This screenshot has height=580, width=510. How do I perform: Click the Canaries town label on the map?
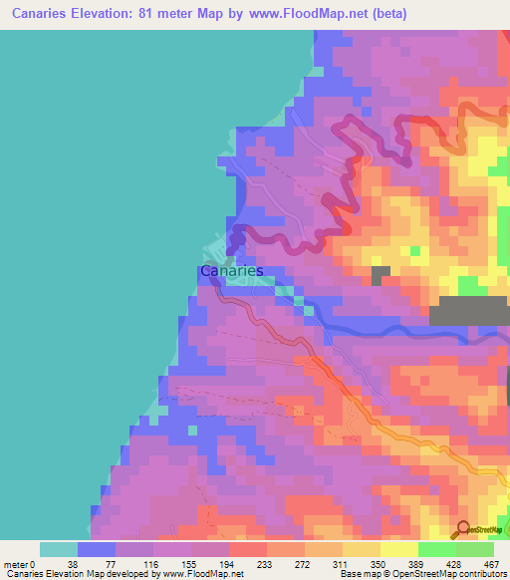(x=231, y=270)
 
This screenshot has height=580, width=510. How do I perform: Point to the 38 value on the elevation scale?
(x=98, y=564)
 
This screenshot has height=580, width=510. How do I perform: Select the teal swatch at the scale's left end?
(x=59, y=549)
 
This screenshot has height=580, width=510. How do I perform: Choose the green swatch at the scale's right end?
(x=475, y=549)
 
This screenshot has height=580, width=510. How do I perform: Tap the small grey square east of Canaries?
(x=382, y=275)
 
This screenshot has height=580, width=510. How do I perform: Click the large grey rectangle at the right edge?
(x=468, y=311)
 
